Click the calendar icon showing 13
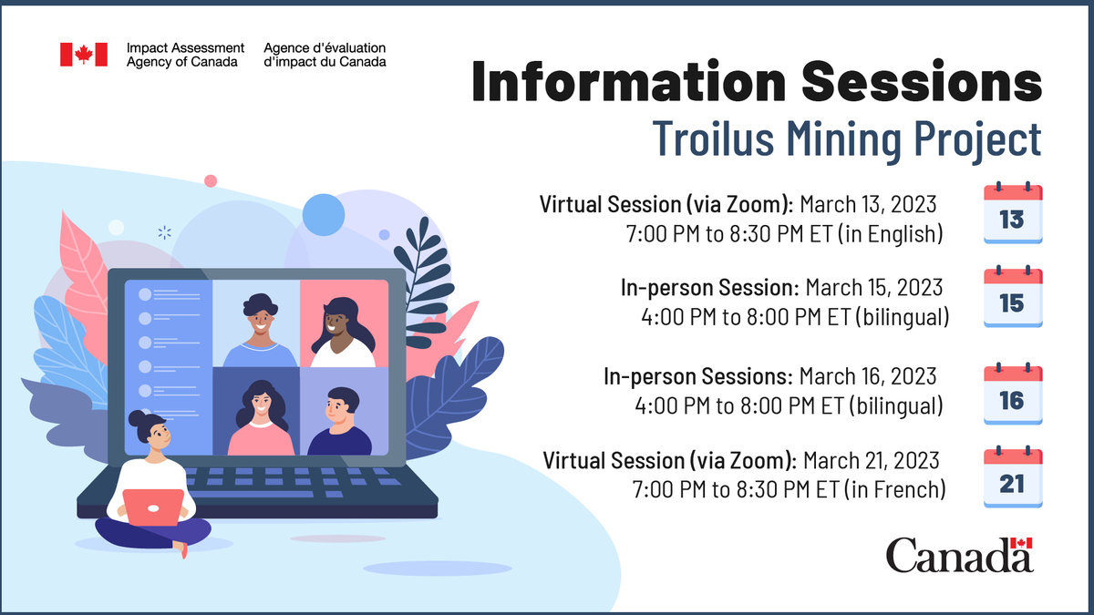coord(1012,214)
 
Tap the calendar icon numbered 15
coord(1012,298)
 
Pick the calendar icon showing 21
coord(1012,479)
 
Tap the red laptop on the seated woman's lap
coord(153,507)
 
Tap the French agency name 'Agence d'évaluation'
coord(324,47)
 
